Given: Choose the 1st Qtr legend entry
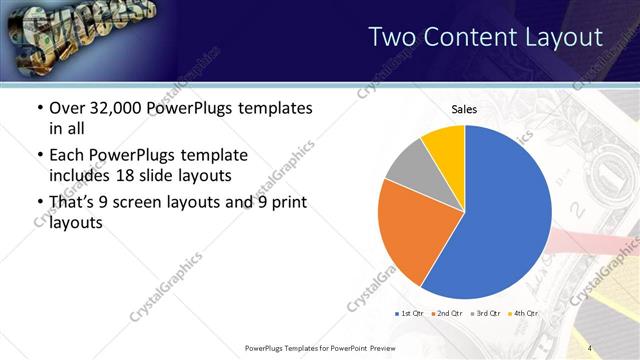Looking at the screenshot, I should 408,314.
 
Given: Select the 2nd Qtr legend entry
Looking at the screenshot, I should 446,314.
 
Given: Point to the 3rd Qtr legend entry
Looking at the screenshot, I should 484,314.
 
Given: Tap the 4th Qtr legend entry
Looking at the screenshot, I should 522,314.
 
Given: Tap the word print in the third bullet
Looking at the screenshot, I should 286,203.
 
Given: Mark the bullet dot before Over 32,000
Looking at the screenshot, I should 39,108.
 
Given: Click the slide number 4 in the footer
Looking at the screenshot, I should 590,348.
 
